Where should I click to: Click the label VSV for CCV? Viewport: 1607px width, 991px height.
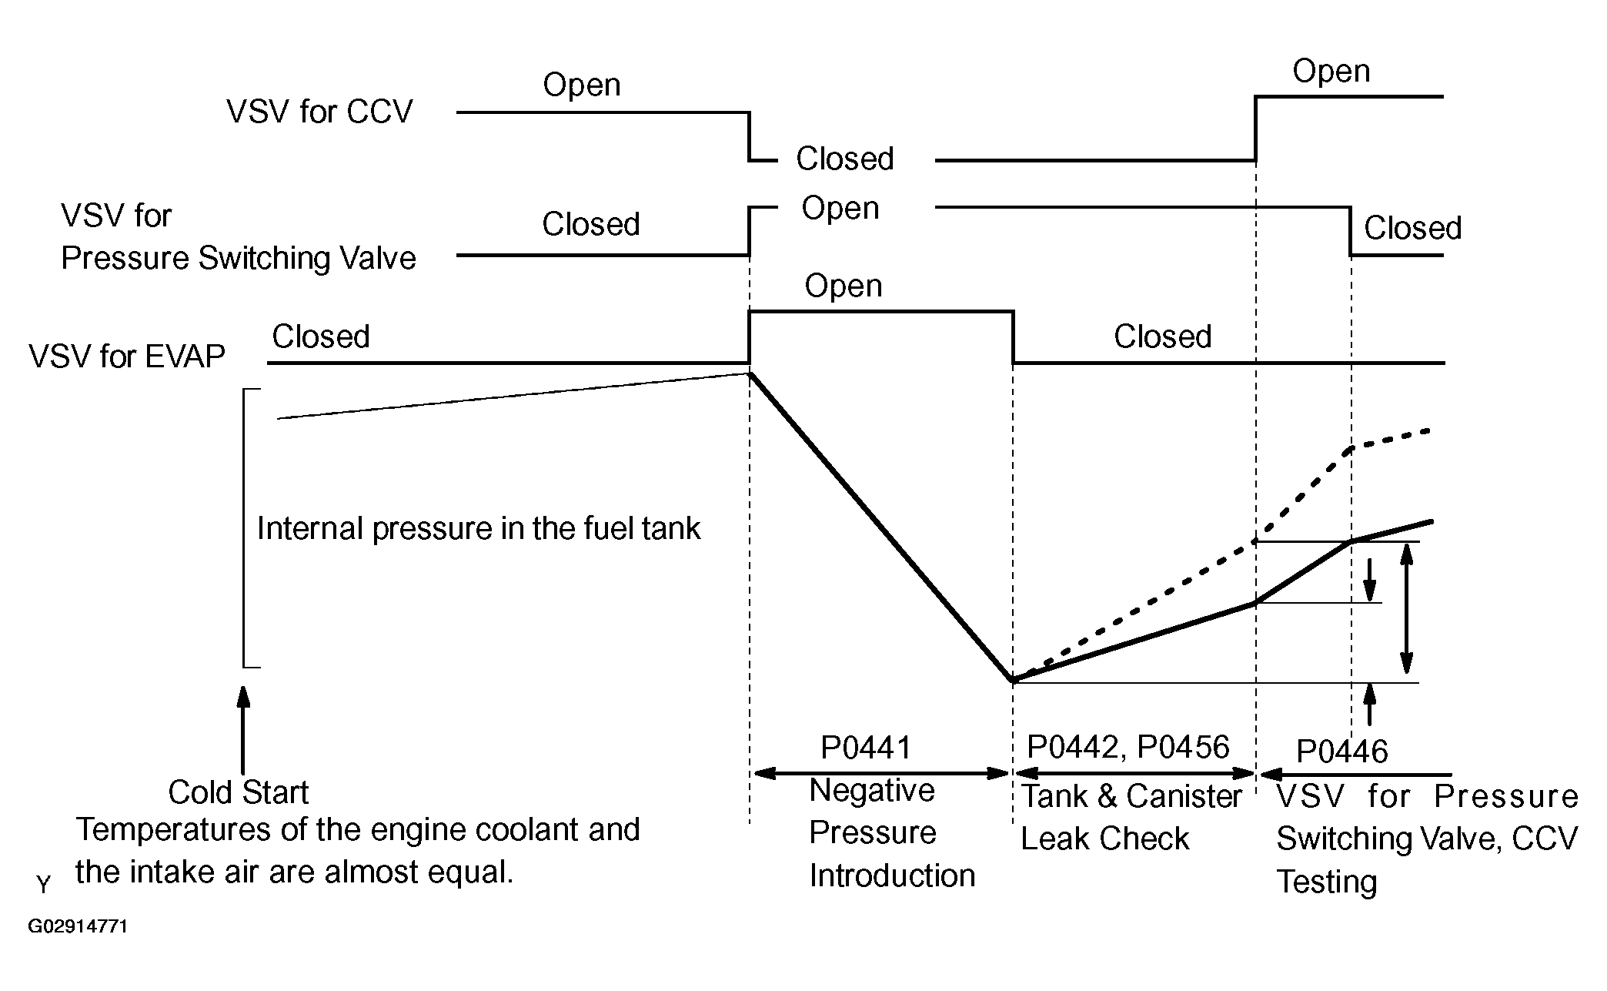[x=319, y=112]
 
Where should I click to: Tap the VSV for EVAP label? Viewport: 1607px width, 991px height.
[x=127, y=357]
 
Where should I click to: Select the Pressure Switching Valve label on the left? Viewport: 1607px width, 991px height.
[x=239, y=259]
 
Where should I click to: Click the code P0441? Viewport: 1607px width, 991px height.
[x=866, y=748]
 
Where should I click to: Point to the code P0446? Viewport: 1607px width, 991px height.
[x=1341, y=752]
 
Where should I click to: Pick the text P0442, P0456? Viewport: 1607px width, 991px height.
[x=1128, y=747]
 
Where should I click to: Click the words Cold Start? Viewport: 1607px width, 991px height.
[x=238, y=792]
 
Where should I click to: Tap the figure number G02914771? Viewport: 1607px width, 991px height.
[x=78, y=926]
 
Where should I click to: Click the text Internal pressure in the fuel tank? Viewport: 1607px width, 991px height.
[x=478, y=529]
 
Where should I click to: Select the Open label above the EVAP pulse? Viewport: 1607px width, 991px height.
[x=843, y=286]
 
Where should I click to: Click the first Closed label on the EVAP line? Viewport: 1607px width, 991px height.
[x=321, y=337]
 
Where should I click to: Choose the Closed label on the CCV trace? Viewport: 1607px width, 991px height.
[x=844, y=159]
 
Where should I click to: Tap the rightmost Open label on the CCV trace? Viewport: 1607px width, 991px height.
[x=1331, y=72]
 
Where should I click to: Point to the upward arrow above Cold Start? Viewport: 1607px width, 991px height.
[x=244, y=728]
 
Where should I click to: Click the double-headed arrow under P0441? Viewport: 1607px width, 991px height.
[x=881, y=773]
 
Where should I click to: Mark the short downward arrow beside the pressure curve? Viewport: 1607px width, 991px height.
[x=1370, y=581]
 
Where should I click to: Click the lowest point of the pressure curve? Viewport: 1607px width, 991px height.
[x=1014, y=681]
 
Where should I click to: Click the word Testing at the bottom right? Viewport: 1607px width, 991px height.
[x=1326, y=882]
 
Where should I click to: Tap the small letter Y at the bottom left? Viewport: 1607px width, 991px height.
[x=43, y=886]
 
